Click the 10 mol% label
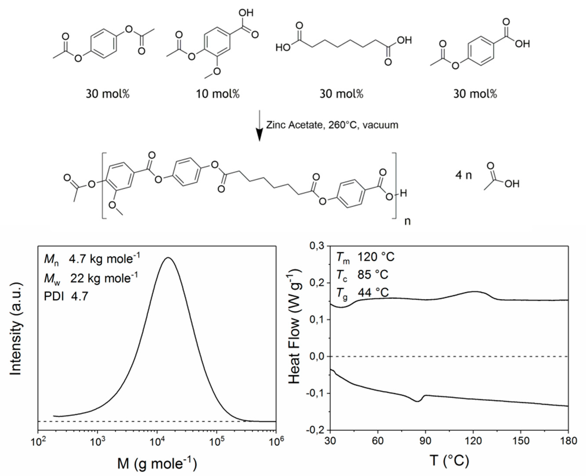point(218,94)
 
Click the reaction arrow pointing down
point(259,126)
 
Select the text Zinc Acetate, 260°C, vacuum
point(332,125)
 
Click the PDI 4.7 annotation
point(66,296)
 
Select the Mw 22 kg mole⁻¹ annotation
point(91,278)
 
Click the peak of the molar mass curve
point(168,258)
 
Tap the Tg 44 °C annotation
point(362,293)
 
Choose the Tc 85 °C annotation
point(362,275)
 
